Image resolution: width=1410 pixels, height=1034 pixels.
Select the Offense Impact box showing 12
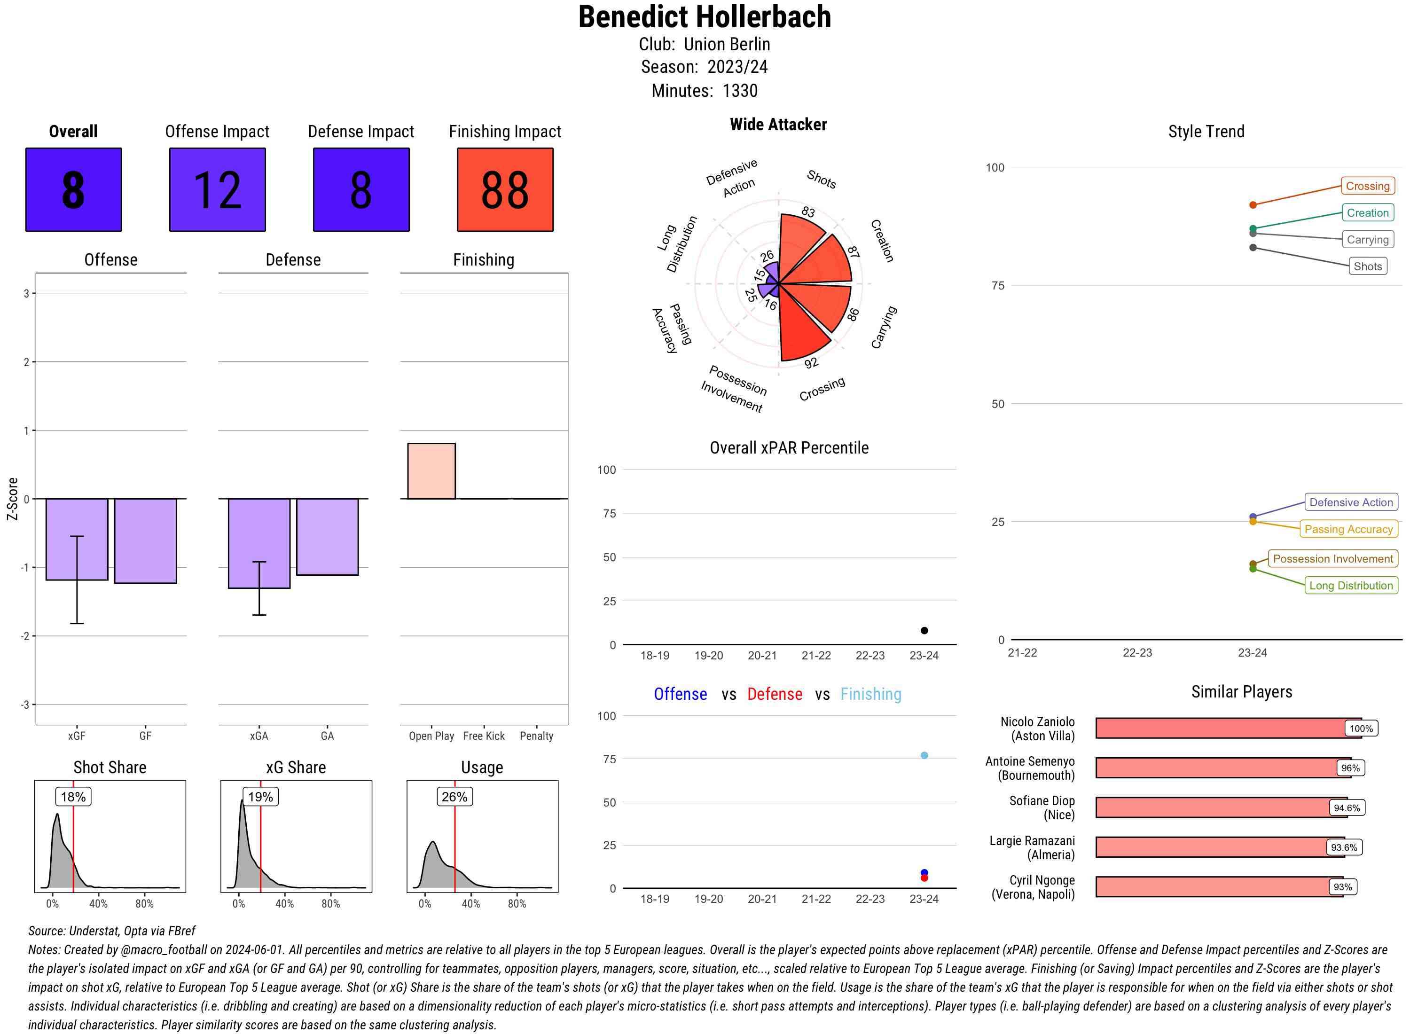click(x=217, y=190)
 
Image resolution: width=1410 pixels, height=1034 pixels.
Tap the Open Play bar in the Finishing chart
click(x=431, y=470)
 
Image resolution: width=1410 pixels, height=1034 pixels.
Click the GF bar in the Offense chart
click(x=145, y=541)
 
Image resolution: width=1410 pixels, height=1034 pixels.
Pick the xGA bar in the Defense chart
click(x=259, y=543)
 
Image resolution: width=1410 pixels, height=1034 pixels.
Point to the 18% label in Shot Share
click(x=73, y=797)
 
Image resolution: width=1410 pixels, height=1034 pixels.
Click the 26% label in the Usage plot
click(x=454, y=797)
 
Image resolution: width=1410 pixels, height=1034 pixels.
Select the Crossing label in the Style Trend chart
click(x=1367, y=186)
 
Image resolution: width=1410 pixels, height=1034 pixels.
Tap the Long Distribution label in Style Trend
click(x=1351, y=585)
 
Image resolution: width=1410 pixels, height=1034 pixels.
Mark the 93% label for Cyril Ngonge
click(x=1342, y=887)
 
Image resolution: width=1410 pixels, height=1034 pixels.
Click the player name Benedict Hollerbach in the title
click(x=704, y=17)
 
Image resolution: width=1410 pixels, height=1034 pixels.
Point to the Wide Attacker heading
click(x=778, y=125)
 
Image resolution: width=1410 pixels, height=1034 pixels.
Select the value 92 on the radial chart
click(x=811, y=363)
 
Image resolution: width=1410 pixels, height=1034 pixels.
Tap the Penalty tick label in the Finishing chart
click(x=536, y=736)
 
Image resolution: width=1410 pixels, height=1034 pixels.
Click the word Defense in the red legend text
click(x=774, y=694)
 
